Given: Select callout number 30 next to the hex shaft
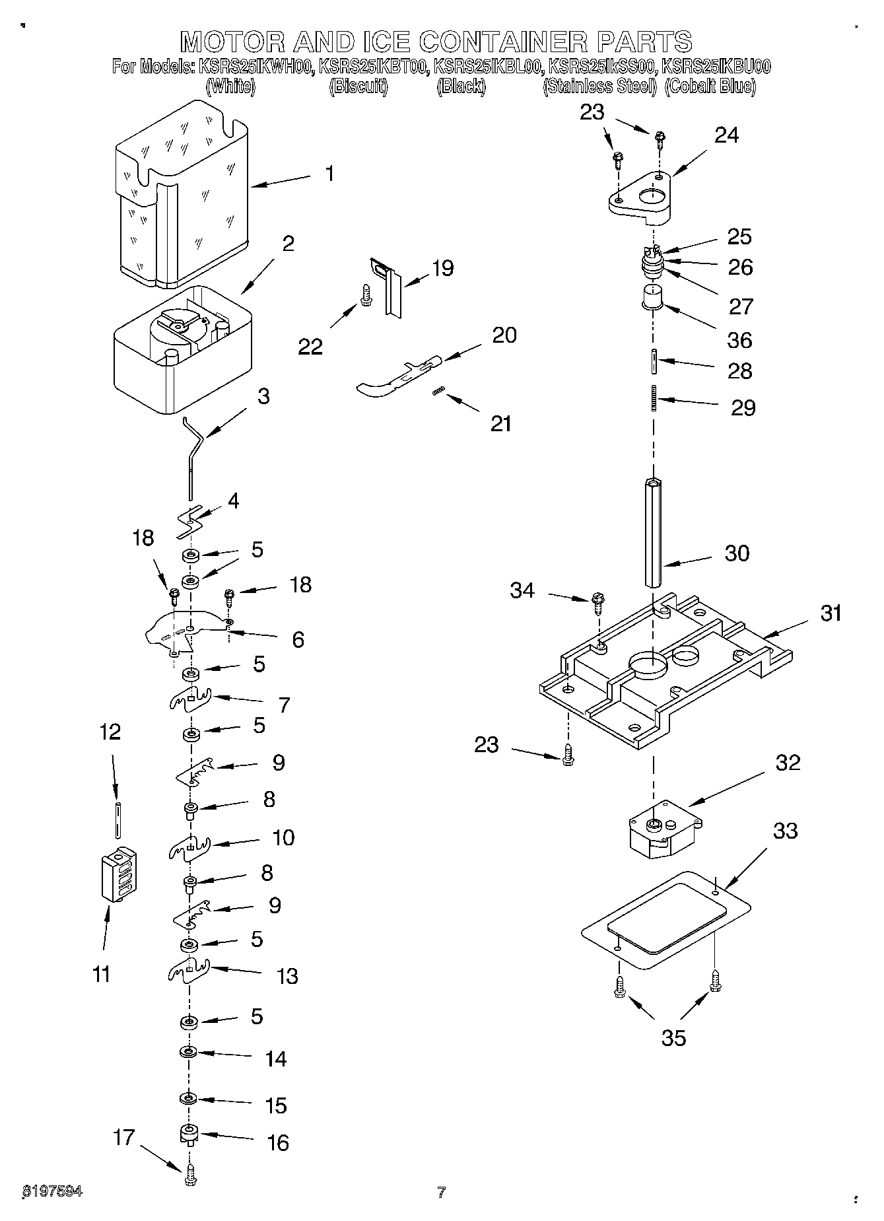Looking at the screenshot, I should (x=737, y=553).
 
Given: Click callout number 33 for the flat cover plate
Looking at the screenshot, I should (x=785, y=830).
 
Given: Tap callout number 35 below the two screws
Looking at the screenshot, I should (x=673, y=1038).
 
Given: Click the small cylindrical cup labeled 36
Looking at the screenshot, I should (x=653, y=297).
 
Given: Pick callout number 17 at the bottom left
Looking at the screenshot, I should (x=123, y=1137).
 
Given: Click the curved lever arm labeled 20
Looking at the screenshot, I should (x=396, y=377).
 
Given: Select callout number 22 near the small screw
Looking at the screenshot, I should (x=310, y=346).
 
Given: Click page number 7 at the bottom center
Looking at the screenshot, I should (x=441, y=1192).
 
